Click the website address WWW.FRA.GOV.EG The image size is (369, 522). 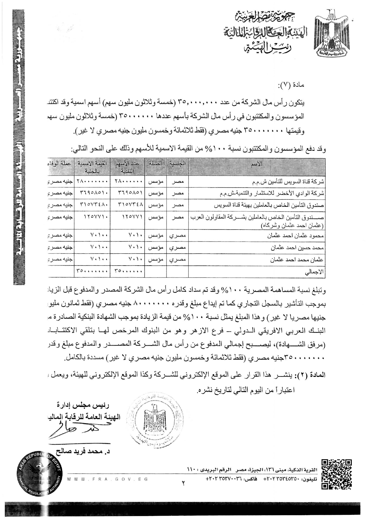click(107, 479)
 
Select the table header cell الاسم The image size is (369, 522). click(257, 164)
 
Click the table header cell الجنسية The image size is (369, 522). click(177, 164)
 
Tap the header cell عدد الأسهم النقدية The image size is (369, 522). click(128, 167)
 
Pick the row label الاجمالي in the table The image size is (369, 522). click(315, 272)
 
